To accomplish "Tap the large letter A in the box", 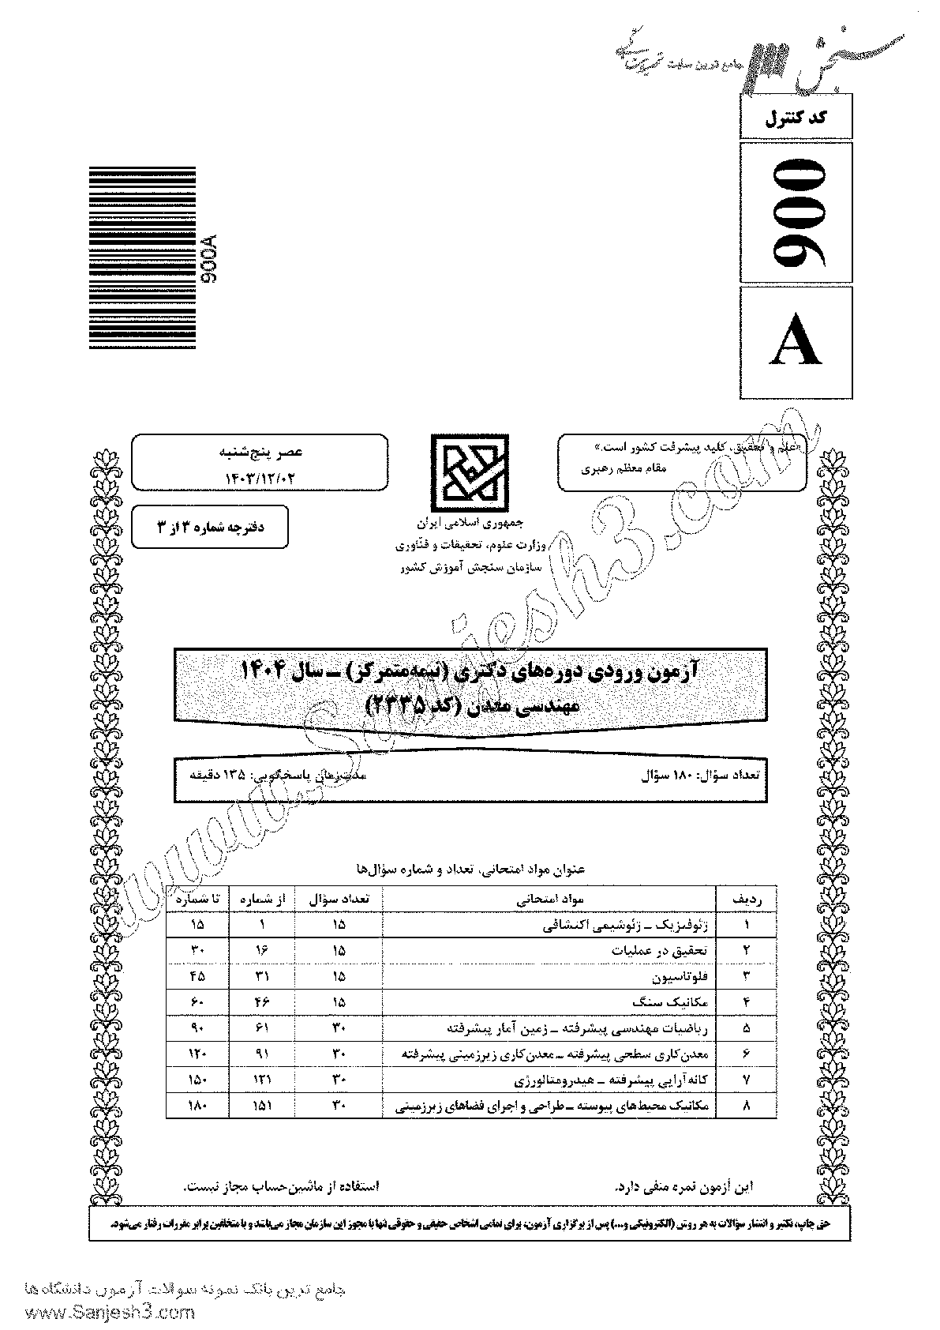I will (x=796, y=345).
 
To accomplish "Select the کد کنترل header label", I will (x=796, y=120).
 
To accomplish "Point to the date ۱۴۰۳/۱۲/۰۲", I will (x=260, y=476).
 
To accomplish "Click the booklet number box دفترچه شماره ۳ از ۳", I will (x=210, y=527).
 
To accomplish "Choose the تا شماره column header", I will (x=197, y=899).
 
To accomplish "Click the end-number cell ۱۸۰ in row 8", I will (x=197, y=1106).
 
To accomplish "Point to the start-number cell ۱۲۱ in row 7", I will (x=260, y=1080).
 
